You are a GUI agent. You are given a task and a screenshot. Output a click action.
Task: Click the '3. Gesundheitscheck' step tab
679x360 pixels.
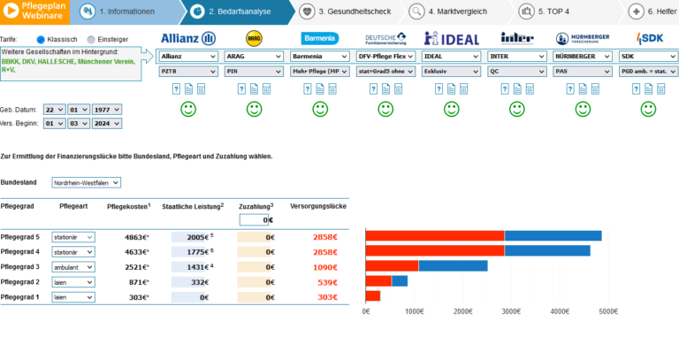pyautogui.click(x=351, y=12)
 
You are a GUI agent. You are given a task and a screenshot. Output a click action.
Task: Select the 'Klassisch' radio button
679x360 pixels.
pyautogui.click(x=41, y=40)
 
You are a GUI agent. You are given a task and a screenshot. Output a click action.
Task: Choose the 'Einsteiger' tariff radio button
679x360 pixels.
pyautogui.click(x=90, y=40)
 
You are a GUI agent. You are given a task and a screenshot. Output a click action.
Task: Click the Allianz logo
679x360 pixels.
pyautogui.click(x=188, y=38)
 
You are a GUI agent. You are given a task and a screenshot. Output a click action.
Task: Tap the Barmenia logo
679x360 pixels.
pyautogui.click(x=319, y=38)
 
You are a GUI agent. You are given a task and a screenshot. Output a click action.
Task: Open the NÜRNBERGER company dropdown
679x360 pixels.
pyautogui.click(x=583, y=56)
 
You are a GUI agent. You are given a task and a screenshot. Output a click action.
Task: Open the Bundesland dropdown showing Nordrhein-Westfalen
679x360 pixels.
pyautogui.click(x=86, y=182)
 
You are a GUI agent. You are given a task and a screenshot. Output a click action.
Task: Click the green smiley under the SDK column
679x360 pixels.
pyautogui.click(x=649, y=110)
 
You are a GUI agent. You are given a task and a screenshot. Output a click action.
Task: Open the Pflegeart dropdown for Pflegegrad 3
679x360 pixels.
pyautogui.click(x=73, y=266)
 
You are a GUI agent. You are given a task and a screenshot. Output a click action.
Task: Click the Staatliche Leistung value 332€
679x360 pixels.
pyautogui.click(x=199, y=281)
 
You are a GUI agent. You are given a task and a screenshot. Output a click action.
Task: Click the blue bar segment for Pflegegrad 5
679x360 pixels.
pyautogui.click(x=553, y=235)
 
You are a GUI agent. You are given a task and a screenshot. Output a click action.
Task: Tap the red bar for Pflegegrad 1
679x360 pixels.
pyautogui.click(x=373, y=295)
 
